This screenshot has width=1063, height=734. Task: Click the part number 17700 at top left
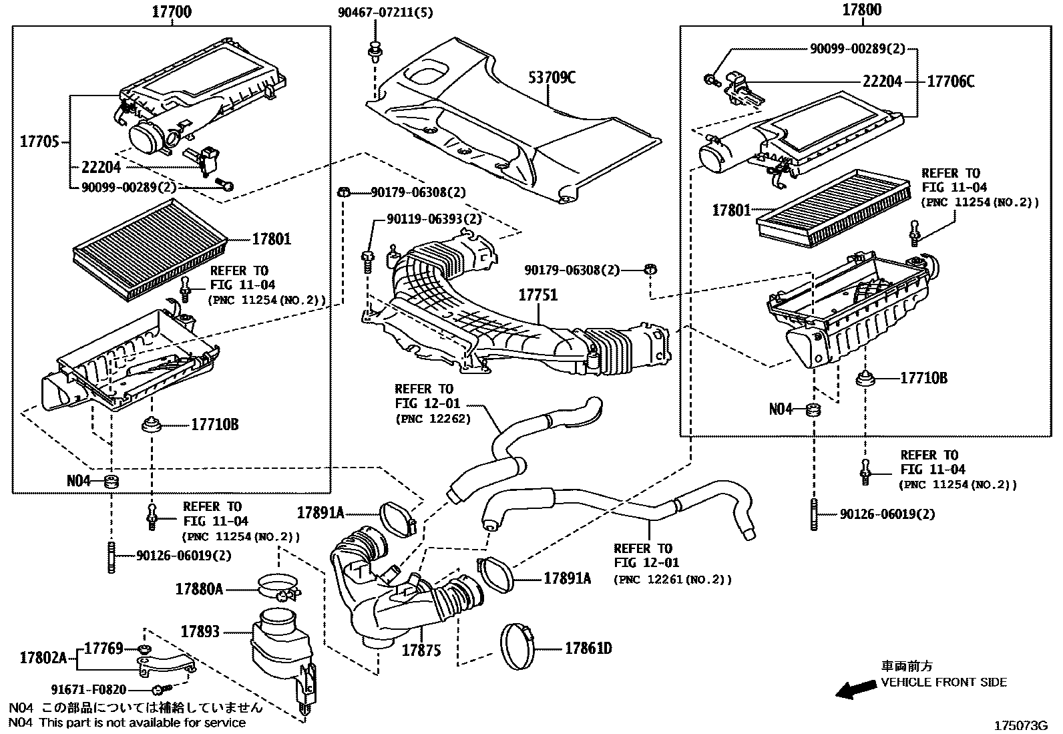(172, 11)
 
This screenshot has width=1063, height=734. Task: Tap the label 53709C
(552, 77)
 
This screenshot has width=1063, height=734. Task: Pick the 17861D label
(588, 648)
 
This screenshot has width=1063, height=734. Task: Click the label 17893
(200, 631)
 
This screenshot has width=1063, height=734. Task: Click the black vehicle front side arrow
(857, 690)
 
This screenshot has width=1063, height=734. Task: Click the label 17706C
(951, 81)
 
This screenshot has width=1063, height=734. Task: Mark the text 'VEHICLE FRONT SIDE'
(943, 682)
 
